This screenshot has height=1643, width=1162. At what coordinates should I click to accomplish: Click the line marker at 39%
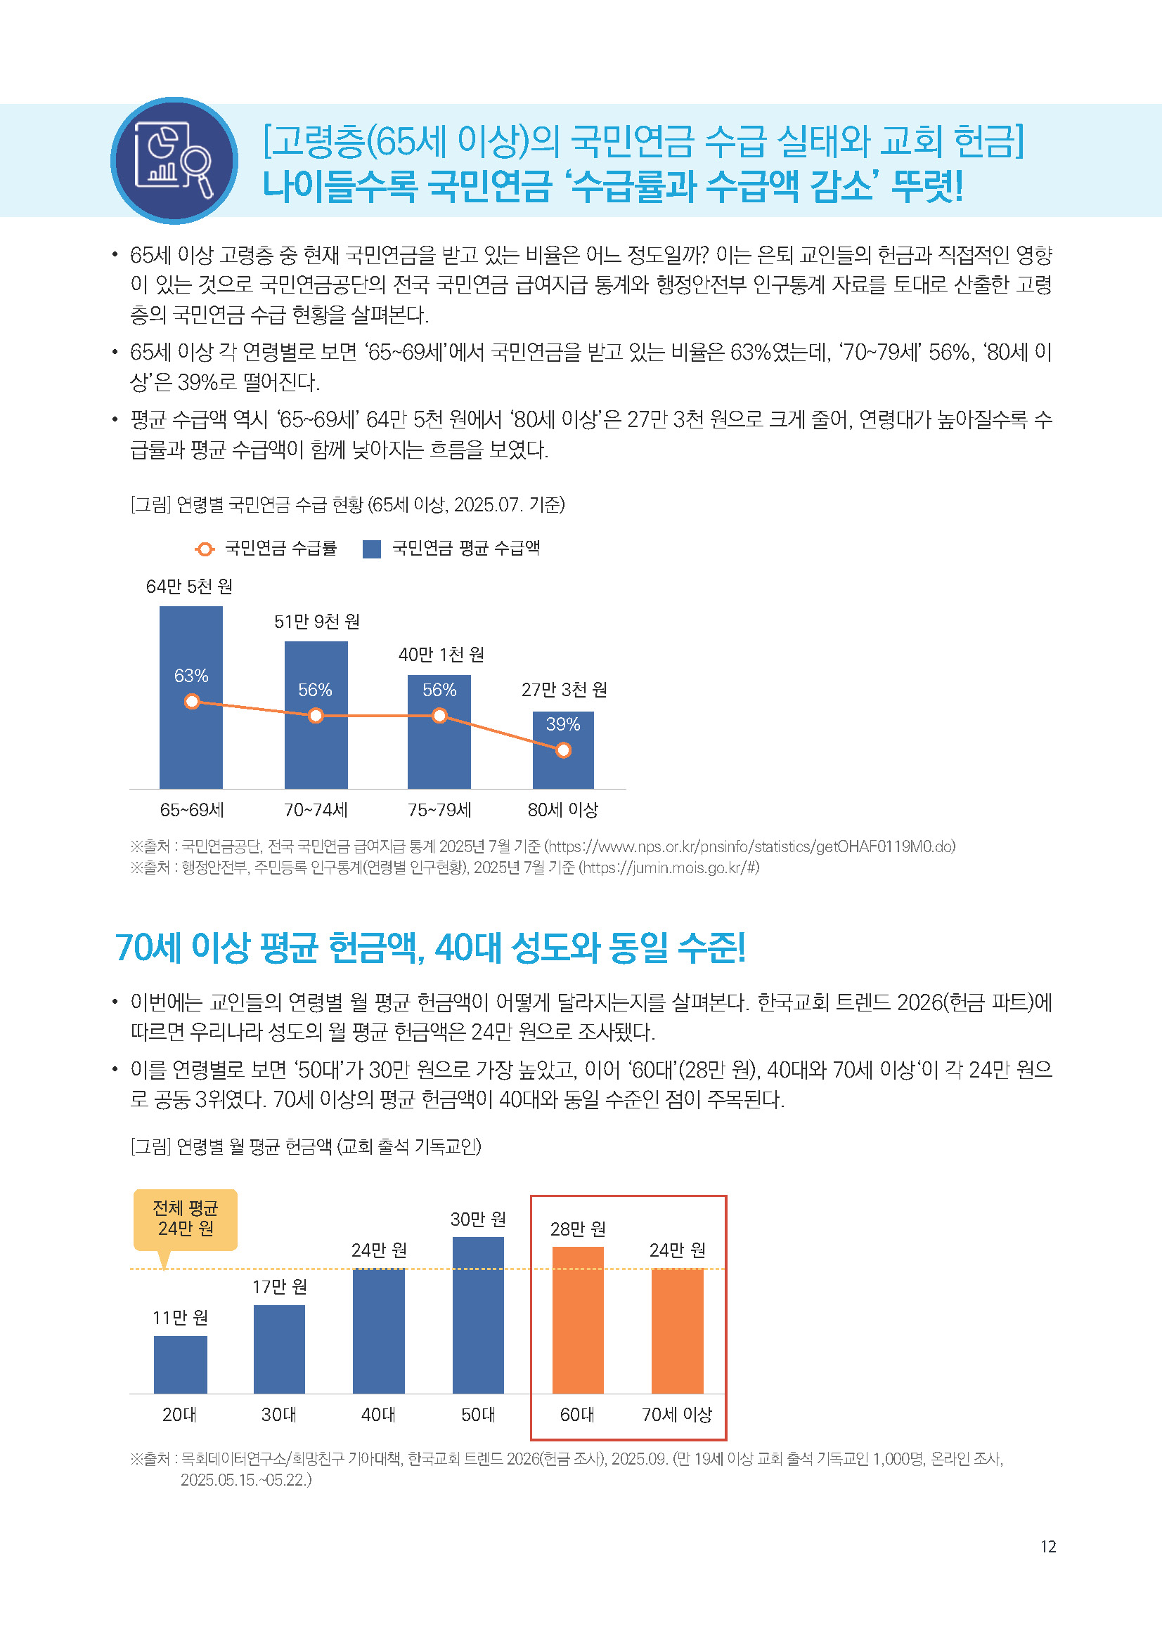coord(564,750)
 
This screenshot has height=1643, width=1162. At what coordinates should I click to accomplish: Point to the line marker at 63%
coord(192,701)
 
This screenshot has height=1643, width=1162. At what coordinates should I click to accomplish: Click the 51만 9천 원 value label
coord(316,621)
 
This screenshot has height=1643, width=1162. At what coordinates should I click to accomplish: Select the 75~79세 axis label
coord(439,809)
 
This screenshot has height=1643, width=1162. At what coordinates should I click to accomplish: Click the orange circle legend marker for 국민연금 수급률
coord(205,549)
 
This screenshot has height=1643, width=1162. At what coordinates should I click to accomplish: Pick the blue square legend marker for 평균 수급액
coord(372,549)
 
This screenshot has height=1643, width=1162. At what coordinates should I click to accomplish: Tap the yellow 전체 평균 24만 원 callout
coord(186,1219)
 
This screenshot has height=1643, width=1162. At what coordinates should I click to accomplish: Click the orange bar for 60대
coord(578,1320)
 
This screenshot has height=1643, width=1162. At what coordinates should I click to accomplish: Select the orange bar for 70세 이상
coord(677,1330)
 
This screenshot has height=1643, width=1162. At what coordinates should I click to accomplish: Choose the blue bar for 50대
coord(478,1314)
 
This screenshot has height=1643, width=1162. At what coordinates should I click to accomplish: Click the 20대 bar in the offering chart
coord(181,1364)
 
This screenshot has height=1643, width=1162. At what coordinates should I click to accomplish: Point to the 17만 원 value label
coord(279,1287)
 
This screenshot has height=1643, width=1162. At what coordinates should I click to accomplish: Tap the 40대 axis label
coord(379,1414)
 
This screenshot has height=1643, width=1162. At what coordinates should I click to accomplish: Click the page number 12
coord(1048,1546)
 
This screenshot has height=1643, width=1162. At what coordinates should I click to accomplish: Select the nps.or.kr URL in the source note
coord(749,846)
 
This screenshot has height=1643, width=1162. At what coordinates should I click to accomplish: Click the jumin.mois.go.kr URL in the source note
coord(669,868)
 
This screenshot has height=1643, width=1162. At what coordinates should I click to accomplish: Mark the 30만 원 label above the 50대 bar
coord(478,1219)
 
